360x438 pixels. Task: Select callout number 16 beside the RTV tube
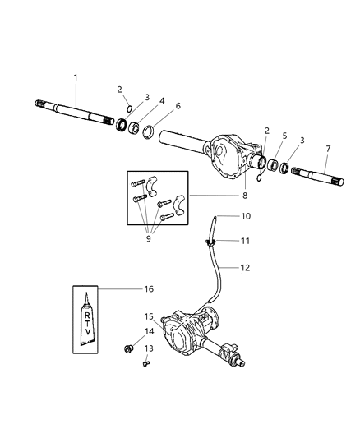pos(149,288)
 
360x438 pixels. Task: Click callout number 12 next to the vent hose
pos(247,268)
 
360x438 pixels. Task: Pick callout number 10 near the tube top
pos(246,216)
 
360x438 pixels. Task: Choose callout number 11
pos(246,241)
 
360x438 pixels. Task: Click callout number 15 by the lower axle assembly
pos(149,316)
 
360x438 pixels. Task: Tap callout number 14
pos(149,332)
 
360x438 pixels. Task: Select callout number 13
pos(149,348)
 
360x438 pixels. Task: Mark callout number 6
pos(177,106)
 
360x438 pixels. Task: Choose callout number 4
pos(161,100)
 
